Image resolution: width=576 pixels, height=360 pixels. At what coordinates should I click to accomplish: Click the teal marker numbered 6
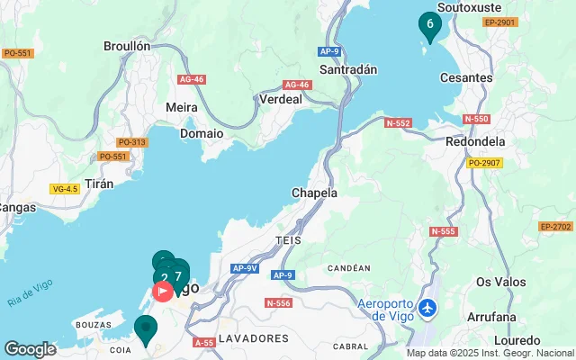[x=429, y=24]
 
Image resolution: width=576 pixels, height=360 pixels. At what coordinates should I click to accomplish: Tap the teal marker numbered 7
[x=178, y=276]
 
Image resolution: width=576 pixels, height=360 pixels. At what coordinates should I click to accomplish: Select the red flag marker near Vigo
[x=163, y=291]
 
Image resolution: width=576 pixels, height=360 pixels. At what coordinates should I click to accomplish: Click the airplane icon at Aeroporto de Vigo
[x=427, y=308]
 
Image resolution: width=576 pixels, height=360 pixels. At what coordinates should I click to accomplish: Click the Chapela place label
[x=314, y=193]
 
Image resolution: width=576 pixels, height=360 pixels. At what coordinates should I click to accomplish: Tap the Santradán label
[x=347, y=69]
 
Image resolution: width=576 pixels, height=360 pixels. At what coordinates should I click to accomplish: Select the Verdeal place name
[x=280, y=100]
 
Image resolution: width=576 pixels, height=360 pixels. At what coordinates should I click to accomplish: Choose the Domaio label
[x=202, y=132]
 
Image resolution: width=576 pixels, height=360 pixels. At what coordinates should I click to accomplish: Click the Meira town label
[x=182, y=107]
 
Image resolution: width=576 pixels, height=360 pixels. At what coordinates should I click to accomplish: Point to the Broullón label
[x=127, y=46]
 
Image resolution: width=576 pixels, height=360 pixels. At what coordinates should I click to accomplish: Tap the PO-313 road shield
[x=131, y=142]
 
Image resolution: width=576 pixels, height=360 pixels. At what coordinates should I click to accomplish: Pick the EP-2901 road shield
[x=499, y=22]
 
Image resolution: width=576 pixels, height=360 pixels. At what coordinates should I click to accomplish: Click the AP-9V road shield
[x=245, y=268]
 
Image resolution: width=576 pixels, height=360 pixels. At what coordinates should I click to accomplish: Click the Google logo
[x=30, y=348]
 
